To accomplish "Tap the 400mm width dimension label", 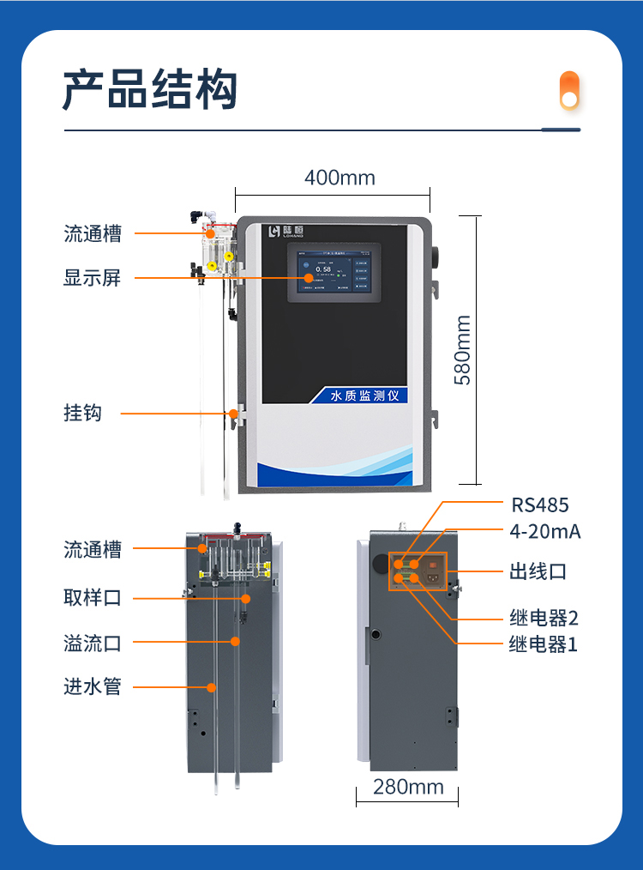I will tap(340, 178).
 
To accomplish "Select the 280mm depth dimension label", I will tap(408, 786).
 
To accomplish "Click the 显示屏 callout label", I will tap(92, 278).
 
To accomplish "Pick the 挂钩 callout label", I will tap(82, 413).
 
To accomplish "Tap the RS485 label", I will tap(540, 504).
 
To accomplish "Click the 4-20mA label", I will tap(545, 531).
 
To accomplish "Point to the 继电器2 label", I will tap(544, 618).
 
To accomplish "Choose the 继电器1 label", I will tap(544, 643).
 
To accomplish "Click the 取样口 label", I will tap(92, 597).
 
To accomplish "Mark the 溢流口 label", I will tap(92, 642).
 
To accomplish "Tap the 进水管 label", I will tap(92, 686).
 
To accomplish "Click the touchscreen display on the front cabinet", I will tap(334, 271).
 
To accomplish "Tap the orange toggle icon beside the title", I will tap(569, 91).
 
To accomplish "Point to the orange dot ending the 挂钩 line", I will tap(233, 414).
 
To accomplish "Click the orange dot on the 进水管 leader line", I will tap(211, 686).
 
